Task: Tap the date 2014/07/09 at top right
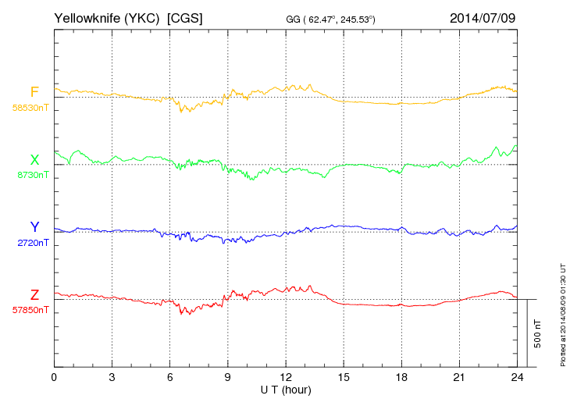[x=482, y=17]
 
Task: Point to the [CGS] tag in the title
[x=185, y=17]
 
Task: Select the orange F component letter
[x=34, y=93]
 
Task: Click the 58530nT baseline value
[x=30, y=108]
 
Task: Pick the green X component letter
[x=34, y=160]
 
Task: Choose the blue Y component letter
[x=34, y=227]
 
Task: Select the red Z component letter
[x=34, y=294]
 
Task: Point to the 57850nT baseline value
[x=30, y=310]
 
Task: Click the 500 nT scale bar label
[x=538, y=333]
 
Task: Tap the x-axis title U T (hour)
[x=287, y=389]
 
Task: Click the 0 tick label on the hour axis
[x=54, y=377]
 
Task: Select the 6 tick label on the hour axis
[x=170, y=377]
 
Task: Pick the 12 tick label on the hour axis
[x=287, y=377]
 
